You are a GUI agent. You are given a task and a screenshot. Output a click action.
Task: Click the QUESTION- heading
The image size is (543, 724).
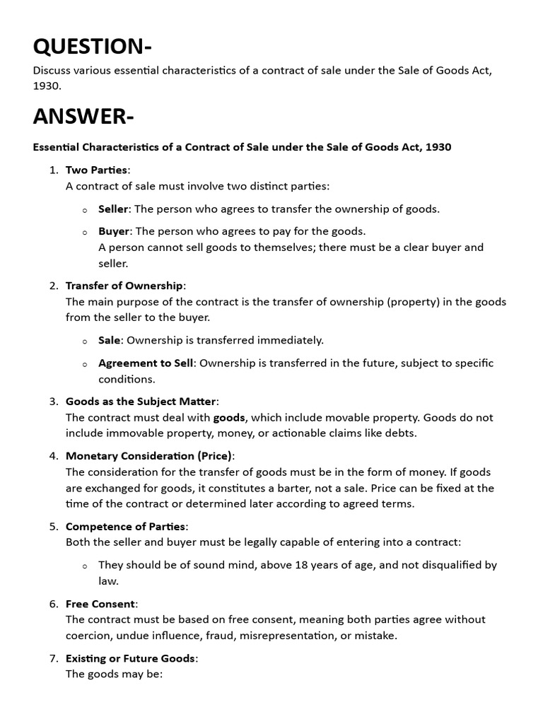(x=92, y=46)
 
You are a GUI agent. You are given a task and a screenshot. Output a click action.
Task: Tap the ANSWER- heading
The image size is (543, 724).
(x=83, y=116)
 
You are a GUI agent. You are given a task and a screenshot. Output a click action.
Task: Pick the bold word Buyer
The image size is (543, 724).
(x=114, y=231)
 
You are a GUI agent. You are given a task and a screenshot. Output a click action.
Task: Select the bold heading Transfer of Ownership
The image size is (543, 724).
(x=124, y=286)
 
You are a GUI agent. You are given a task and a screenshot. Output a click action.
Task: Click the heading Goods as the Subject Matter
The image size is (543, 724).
(x=141, y=401)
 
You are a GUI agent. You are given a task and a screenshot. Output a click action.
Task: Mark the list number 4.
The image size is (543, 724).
(x=53, y=456)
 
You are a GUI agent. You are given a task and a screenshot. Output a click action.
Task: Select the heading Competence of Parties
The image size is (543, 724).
(x=126, y=526)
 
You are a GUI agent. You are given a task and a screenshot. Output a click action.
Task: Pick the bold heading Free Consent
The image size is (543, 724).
(x=100, y=603)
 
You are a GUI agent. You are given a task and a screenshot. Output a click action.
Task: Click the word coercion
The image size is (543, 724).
(x=90, y=635)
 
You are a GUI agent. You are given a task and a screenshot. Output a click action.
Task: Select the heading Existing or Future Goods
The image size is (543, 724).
(x=130, y=658)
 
